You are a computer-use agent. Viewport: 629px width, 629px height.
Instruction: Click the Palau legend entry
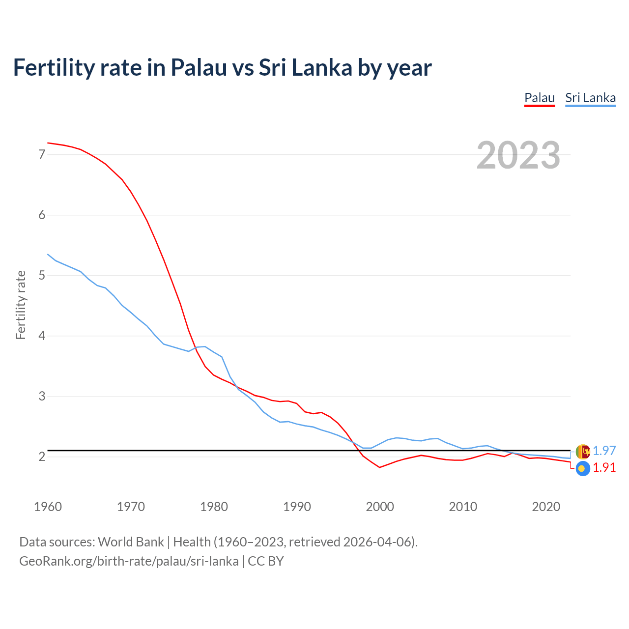(539, 98)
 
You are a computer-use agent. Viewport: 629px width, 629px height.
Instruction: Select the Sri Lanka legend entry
(590, 98)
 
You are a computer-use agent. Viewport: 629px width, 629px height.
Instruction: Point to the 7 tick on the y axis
(42, 155)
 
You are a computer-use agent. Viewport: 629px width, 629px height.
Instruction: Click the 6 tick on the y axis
(42, 215)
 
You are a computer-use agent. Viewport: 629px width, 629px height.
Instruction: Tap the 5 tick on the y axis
(42, 276)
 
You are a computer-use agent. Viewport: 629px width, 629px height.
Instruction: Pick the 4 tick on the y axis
(42, 336)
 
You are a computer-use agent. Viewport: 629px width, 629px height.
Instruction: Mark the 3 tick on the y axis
(42, 397)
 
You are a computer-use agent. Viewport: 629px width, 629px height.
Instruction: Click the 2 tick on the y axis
(42, 457)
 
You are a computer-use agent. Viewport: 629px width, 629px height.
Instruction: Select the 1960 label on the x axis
(48, 507)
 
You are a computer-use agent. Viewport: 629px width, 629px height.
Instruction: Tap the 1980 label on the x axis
(214, 507)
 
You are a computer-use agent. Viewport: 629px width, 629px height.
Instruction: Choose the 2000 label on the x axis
(380, 507)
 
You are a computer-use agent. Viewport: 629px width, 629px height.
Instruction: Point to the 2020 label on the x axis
(546, 507)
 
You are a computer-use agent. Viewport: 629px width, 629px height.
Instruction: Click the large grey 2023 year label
(518, 155)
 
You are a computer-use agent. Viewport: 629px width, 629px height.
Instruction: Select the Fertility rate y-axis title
(21, 305)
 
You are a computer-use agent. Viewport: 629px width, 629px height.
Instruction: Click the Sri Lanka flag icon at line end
(582, 451)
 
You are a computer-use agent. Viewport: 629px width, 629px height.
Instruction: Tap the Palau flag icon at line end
(582, 469)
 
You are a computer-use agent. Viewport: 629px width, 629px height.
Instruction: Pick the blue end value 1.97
(604, 451)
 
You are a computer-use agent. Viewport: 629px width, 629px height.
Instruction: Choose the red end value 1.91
(604, 468)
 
